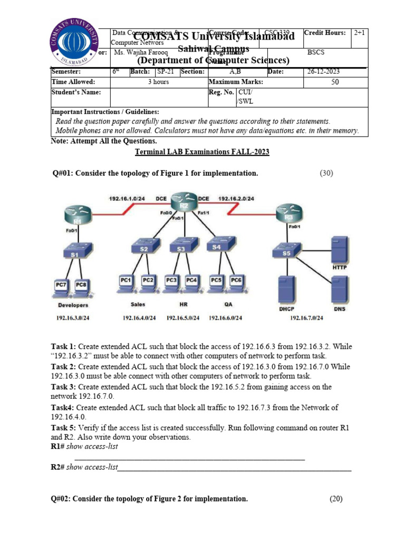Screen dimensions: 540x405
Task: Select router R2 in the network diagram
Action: pos(182,205)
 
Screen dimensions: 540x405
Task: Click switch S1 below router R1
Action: pos(75,254)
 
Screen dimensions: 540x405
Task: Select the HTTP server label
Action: pos(340,267)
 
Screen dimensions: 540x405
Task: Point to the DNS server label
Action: pos(340,308)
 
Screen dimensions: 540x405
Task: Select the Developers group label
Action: pos(73,305)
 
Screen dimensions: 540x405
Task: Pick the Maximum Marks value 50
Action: pos(335,82)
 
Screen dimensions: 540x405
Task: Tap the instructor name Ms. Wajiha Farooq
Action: pos(138,53)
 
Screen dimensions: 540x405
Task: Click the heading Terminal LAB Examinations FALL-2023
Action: pos(202,152)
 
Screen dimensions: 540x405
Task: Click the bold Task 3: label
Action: pos(64,387)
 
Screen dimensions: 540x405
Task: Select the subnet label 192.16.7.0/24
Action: pos(306,318)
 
